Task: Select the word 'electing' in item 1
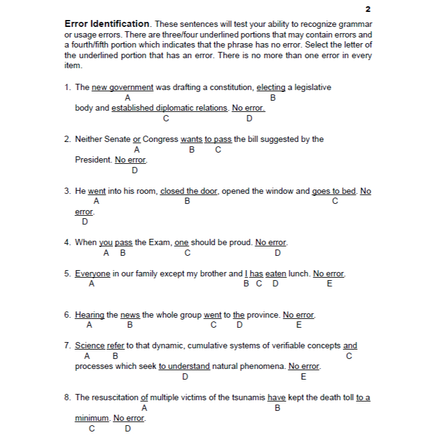271,88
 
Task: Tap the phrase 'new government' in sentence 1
123,88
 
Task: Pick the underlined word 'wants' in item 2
191,139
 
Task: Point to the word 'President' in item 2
93,160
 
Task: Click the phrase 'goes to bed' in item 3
335,191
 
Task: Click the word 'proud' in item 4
240,243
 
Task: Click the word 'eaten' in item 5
276,274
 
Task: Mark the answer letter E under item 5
330,285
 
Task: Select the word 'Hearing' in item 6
89,315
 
